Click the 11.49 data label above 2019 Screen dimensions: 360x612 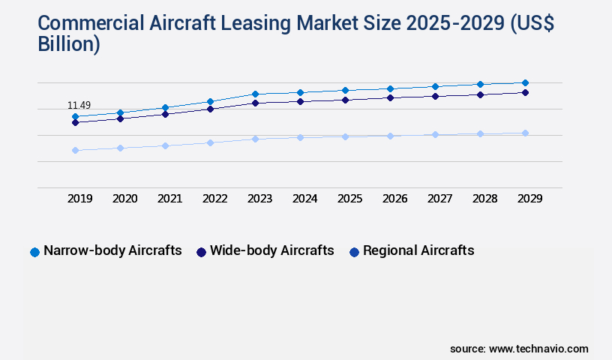point(79,106)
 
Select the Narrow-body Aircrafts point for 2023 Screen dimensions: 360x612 point(255,94)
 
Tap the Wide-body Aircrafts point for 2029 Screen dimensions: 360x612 point(525,92)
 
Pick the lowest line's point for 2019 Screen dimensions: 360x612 point(75,150)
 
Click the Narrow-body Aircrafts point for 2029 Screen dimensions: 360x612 point(525,82)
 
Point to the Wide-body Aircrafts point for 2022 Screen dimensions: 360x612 point(210,109)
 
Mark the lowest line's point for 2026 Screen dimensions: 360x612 point(390,136)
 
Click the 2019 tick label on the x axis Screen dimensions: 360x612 point(80,199)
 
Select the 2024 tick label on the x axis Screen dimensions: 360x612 point(305,199)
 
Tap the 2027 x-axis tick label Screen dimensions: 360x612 point(440,199)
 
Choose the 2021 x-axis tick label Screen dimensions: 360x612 point(170,199)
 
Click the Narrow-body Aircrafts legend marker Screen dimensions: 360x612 point(34,252)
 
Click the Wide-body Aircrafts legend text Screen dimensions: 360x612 point(271,251)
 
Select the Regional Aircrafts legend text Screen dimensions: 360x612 point(418,251)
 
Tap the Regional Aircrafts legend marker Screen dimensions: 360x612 point(354,252)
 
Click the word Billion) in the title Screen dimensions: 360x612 point(69,43)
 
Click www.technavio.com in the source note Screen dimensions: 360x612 point(538,349)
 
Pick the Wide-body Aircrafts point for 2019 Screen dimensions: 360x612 point(75,122)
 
